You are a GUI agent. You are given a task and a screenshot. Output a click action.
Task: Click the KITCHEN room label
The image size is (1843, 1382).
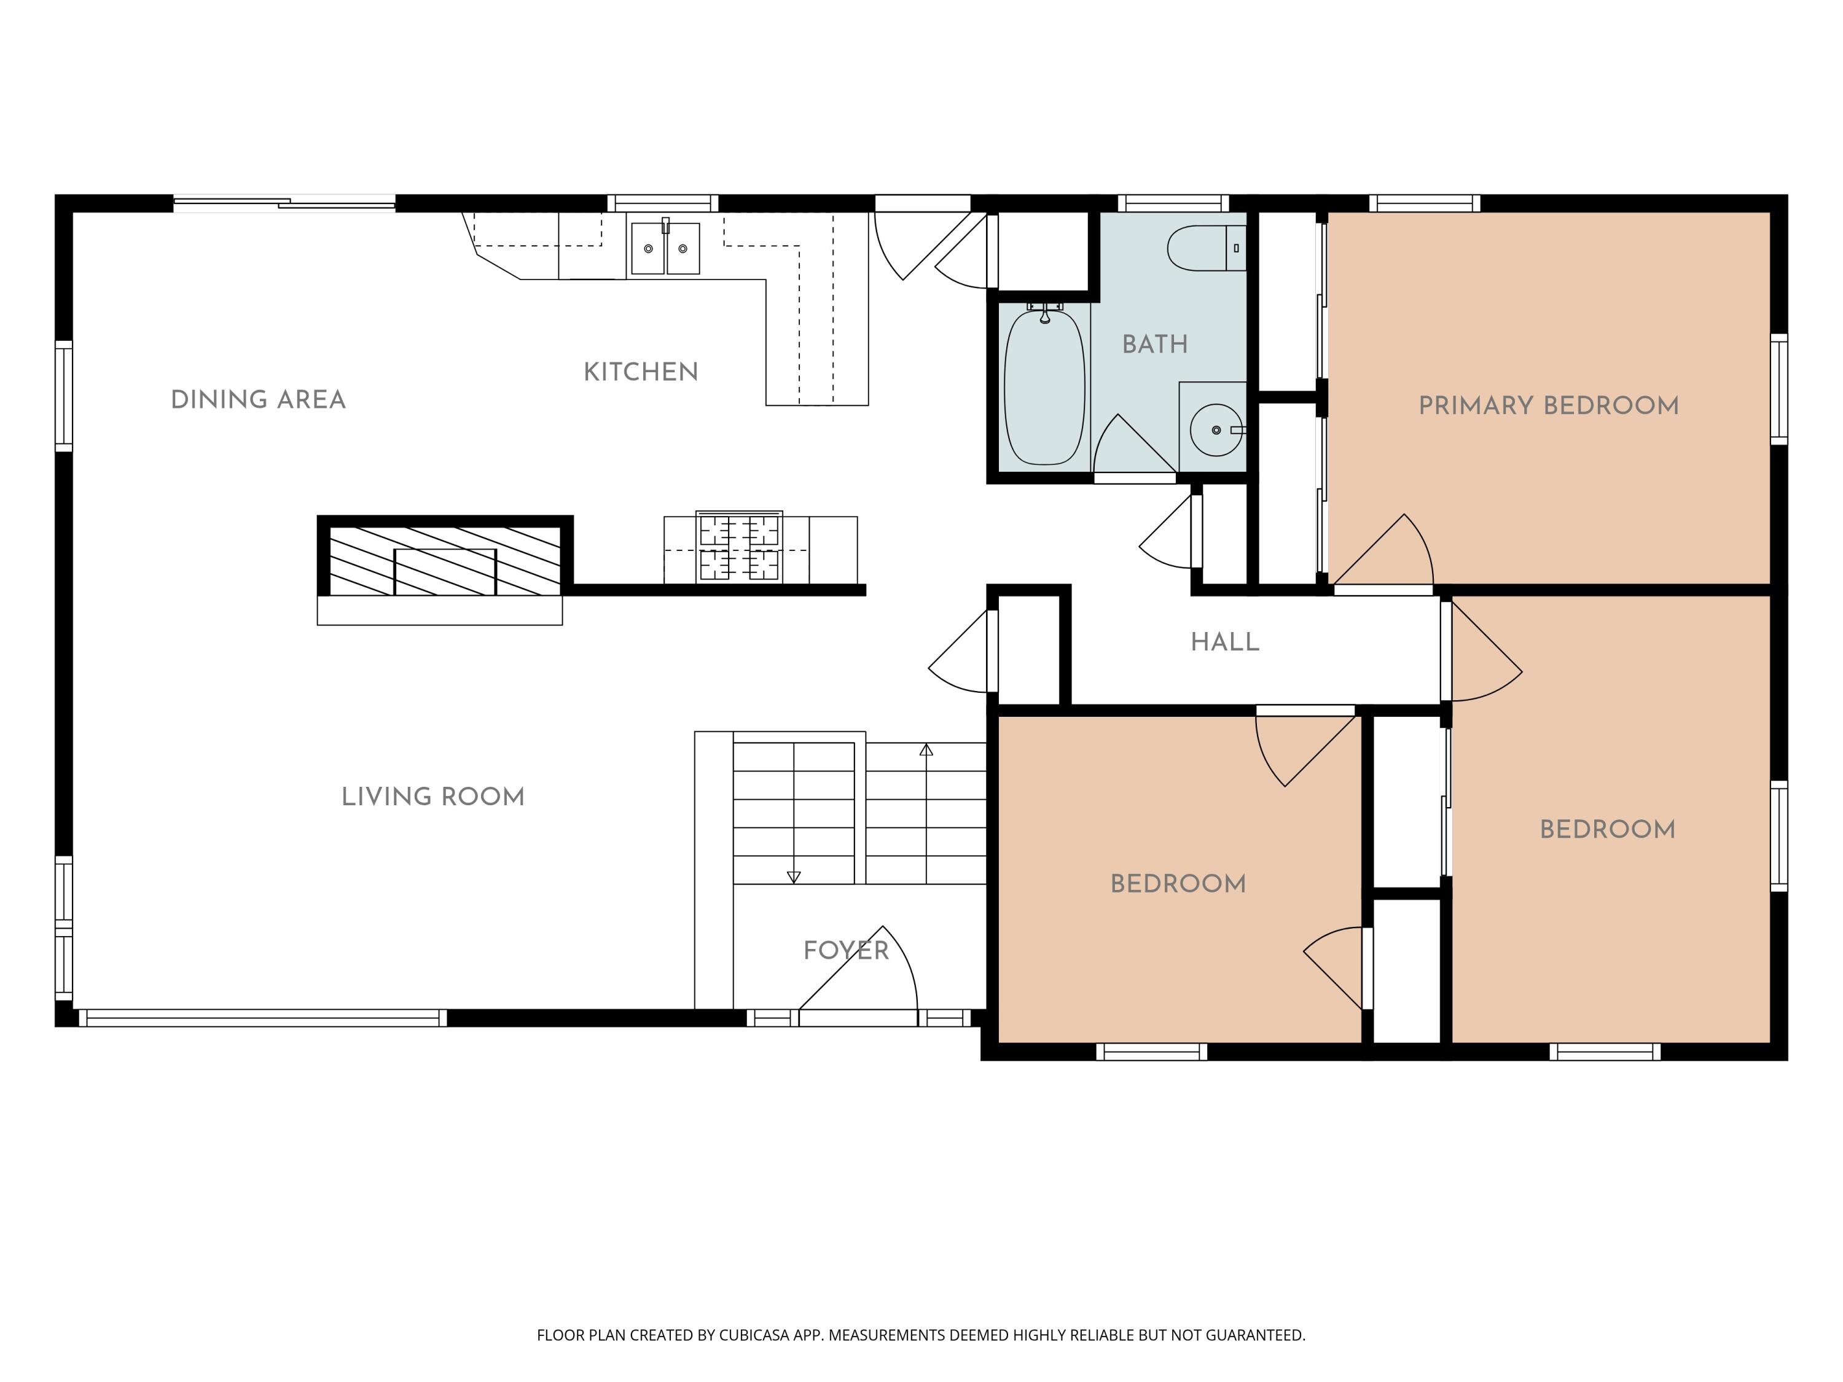(641, 372)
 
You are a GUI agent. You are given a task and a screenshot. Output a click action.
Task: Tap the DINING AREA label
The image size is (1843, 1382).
(258, 400)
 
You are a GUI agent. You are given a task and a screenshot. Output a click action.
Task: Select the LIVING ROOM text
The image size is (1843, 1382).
(433, 797)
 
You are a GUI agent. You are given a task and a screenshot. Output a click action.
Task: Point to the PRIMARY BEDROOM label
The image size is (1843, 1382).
(1549, 405)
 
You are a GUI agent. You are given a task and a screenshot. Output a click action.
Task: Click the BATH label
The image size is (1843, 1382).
(1155, 344)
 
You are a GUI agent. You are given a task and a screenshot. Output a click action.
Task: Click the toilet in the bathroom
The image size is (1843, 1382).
(1207, 248)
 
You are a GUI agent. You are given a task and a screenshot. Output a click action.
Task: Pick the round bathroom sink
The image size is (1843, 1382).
(1216, 430)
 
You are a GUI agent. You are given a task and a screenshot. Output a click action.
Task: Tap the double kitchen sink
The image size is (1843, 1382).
(665, 248)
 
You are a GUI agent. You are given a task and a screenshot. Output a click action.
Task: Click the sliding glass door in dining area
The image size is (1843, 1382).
(284, 203)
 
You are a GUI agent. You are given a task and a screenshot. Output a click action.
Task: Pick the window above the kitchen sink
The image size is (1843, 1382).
(662, 203)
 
